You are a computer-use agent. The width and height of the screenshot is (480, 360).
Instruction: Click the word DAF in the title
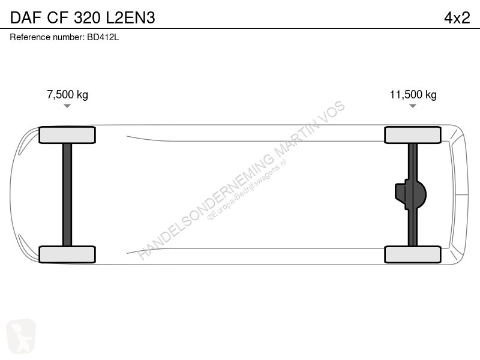pyautogui.click(x=26, y=17)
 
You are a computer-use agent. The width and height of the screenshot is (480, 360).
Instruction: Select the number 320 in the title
pyautogui.click(x=87, y=17)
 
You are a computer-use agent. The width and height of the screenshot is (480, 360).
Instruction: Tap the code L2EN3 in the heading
pyautogui.click(x=130, y=17)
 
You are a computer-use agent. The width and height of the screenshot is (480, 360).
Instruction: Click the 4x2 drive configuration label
pyautogui.click(x=457, y=17)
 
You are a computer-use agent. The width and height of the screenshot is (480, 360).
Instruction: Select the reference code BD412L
pyautogui.click(x=103, y=37)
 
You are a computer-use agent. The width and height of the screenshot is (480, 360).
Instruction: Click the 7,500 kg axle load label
pyautogui.click(x=67, y=95)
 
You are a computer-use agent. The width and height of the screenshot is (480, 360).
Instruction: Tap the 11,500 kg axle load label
pyautogui.click(x=413, y=95)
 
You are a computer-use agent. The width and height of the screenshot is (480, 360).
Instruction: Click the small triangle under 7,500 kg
pyautogui.click(x=67, y=106)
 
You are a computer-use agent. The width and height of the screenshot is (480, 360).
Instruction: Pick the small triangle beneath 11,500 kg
pyautogui.click(x=413, y=106)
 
